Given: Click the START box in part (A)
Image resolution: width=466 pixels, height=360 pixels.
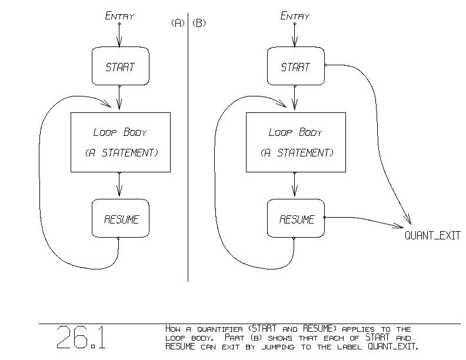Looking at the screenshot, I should tap(120, 66).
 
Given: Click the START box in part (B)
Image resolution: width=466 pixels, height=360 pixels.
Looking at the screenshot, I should tap(295, 66).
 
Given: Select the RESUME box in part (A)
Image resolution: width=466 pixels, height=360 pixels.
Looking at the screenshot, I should tap(120, 219).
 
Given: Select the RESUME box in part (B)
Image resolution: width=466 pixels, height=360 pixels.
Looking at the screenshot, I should tap(295, 219).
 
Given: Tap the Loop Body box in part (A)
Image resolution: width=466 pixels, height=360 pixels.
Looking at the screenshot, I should tap(120, 142).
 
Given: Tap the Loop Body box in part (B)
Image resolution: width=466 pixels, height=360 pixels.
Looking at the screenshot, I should tap(295, 142).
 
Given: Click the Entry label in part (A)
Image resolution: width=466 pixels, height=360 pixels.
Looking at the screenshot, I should tap(119, 16).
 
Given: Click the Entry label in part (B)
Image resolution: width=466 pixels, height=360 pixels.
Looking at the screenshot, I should tap(295, 16).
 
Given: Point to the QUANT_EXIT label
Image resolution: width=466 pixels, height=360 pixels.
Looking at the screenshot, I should tap(432, 236).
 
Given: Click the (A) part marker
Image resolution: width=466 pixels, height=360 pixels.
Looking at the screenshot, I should tap(178, 24).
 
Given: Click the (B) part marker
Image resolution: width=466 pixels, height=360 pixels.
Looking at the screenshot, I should tap(199, 24).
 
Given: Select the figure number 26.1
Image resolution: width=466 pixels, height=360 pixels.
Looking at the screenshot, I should tap(81, 338).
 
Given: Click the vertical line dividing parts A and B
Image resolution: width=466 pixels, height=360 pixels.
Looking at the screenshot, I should tap(188, 147).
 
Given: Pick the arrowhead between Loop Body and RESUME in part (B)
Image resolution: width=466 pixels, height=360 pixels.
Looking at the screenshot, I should tap(295, 191).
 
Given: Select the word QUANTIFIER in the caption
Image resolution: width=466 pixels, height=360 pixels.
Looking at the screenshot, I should tap(215, 329).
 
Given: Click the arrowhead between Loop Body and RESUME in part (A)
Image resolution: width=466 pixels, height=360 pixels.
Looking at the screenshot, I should tap(119, 191).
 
